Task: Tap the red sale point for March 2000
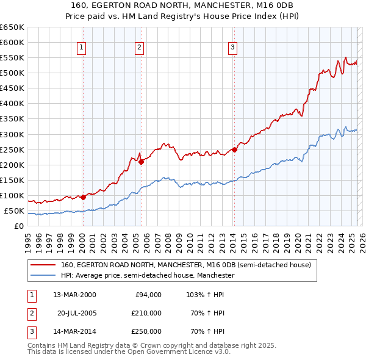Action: pyautogui.click(x=83, y=197)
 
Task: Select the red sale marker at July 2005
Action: pyautogui.click(x=141, y=162)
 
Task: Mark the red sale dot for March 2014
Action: pyautogui.click(x=234, y=149)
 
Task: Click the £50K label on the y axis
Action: pyautogui.click(x=14, y=211)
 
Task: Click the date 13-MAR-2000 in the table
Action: pyautogui.click(x=74, y=295)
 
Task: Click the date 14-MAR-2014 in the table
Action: pyautogui.click(x=74, y=331)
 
